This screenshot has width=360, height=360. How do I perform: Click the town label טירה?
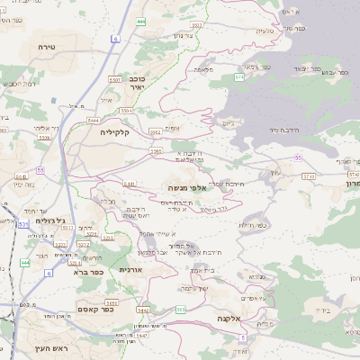tap(48, 44)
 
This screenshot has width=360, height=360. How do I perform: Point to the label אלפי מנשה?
tap(188, 187)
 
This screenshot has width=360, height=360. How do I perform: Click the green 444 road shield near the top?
tap(141, 20)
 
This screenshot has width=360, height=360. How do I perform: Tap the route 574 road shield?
tap(238, 78)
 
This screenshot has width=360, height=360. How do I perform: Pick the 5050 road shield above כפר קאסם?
tap(112, 301)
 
